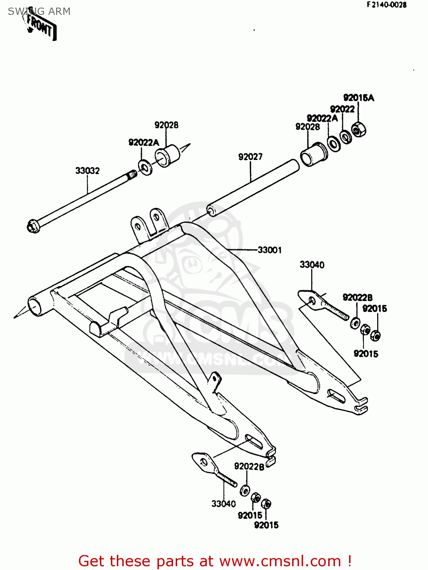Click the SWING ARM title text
[39, 11]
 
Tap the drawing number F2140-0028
[386, 5]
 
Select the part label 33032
[87, 171]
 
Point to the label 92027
[250, 157]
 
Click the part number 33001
[269, 250]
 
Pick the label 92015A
[359, 98]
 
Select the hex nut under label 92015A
[358, 130]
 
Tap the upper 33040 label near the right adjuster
[312, 265]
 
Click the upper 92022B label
[357, 298]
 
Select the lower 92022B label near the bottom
[249, 466]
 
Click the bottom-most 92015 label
[266, 525]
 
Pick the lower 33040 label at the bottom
[223, 504]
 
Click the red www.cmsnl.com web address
[280, 561]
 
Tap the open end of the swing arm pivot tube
[34, 306]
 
